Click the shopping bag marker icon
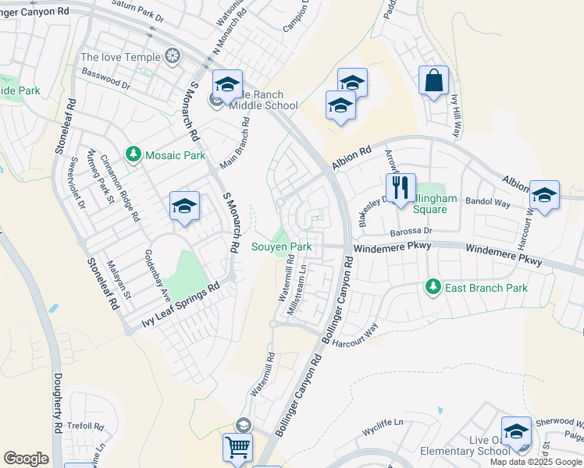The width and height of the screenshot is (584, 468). tap(433, 80)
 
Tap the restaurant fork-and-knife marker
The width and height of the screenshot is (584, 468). tap(400, 188)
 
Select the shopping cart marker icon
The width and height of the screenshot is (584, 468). tap(238, 448)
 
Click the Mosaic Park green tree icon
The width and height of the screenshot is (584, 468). tap(133, 155)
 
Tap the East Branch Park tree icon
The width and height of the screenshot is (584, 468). tap(433, 288)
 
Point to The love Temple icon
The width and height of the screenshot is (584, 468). tap(172, 57)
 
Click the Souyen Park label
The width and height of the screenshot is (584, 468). tap(282, 247)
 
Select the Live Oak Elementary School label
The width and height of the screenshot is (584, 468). tap(465, 445)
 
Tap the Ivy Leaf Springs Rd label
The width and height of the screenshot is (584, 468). tap(181, 305)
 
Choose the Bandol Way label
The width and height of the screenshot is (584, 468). tap(487, 203)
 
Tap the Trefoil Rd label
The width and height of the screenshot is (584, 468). tap(86, 427)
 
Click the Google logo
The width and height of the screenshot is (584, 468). tap(26, 459)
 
